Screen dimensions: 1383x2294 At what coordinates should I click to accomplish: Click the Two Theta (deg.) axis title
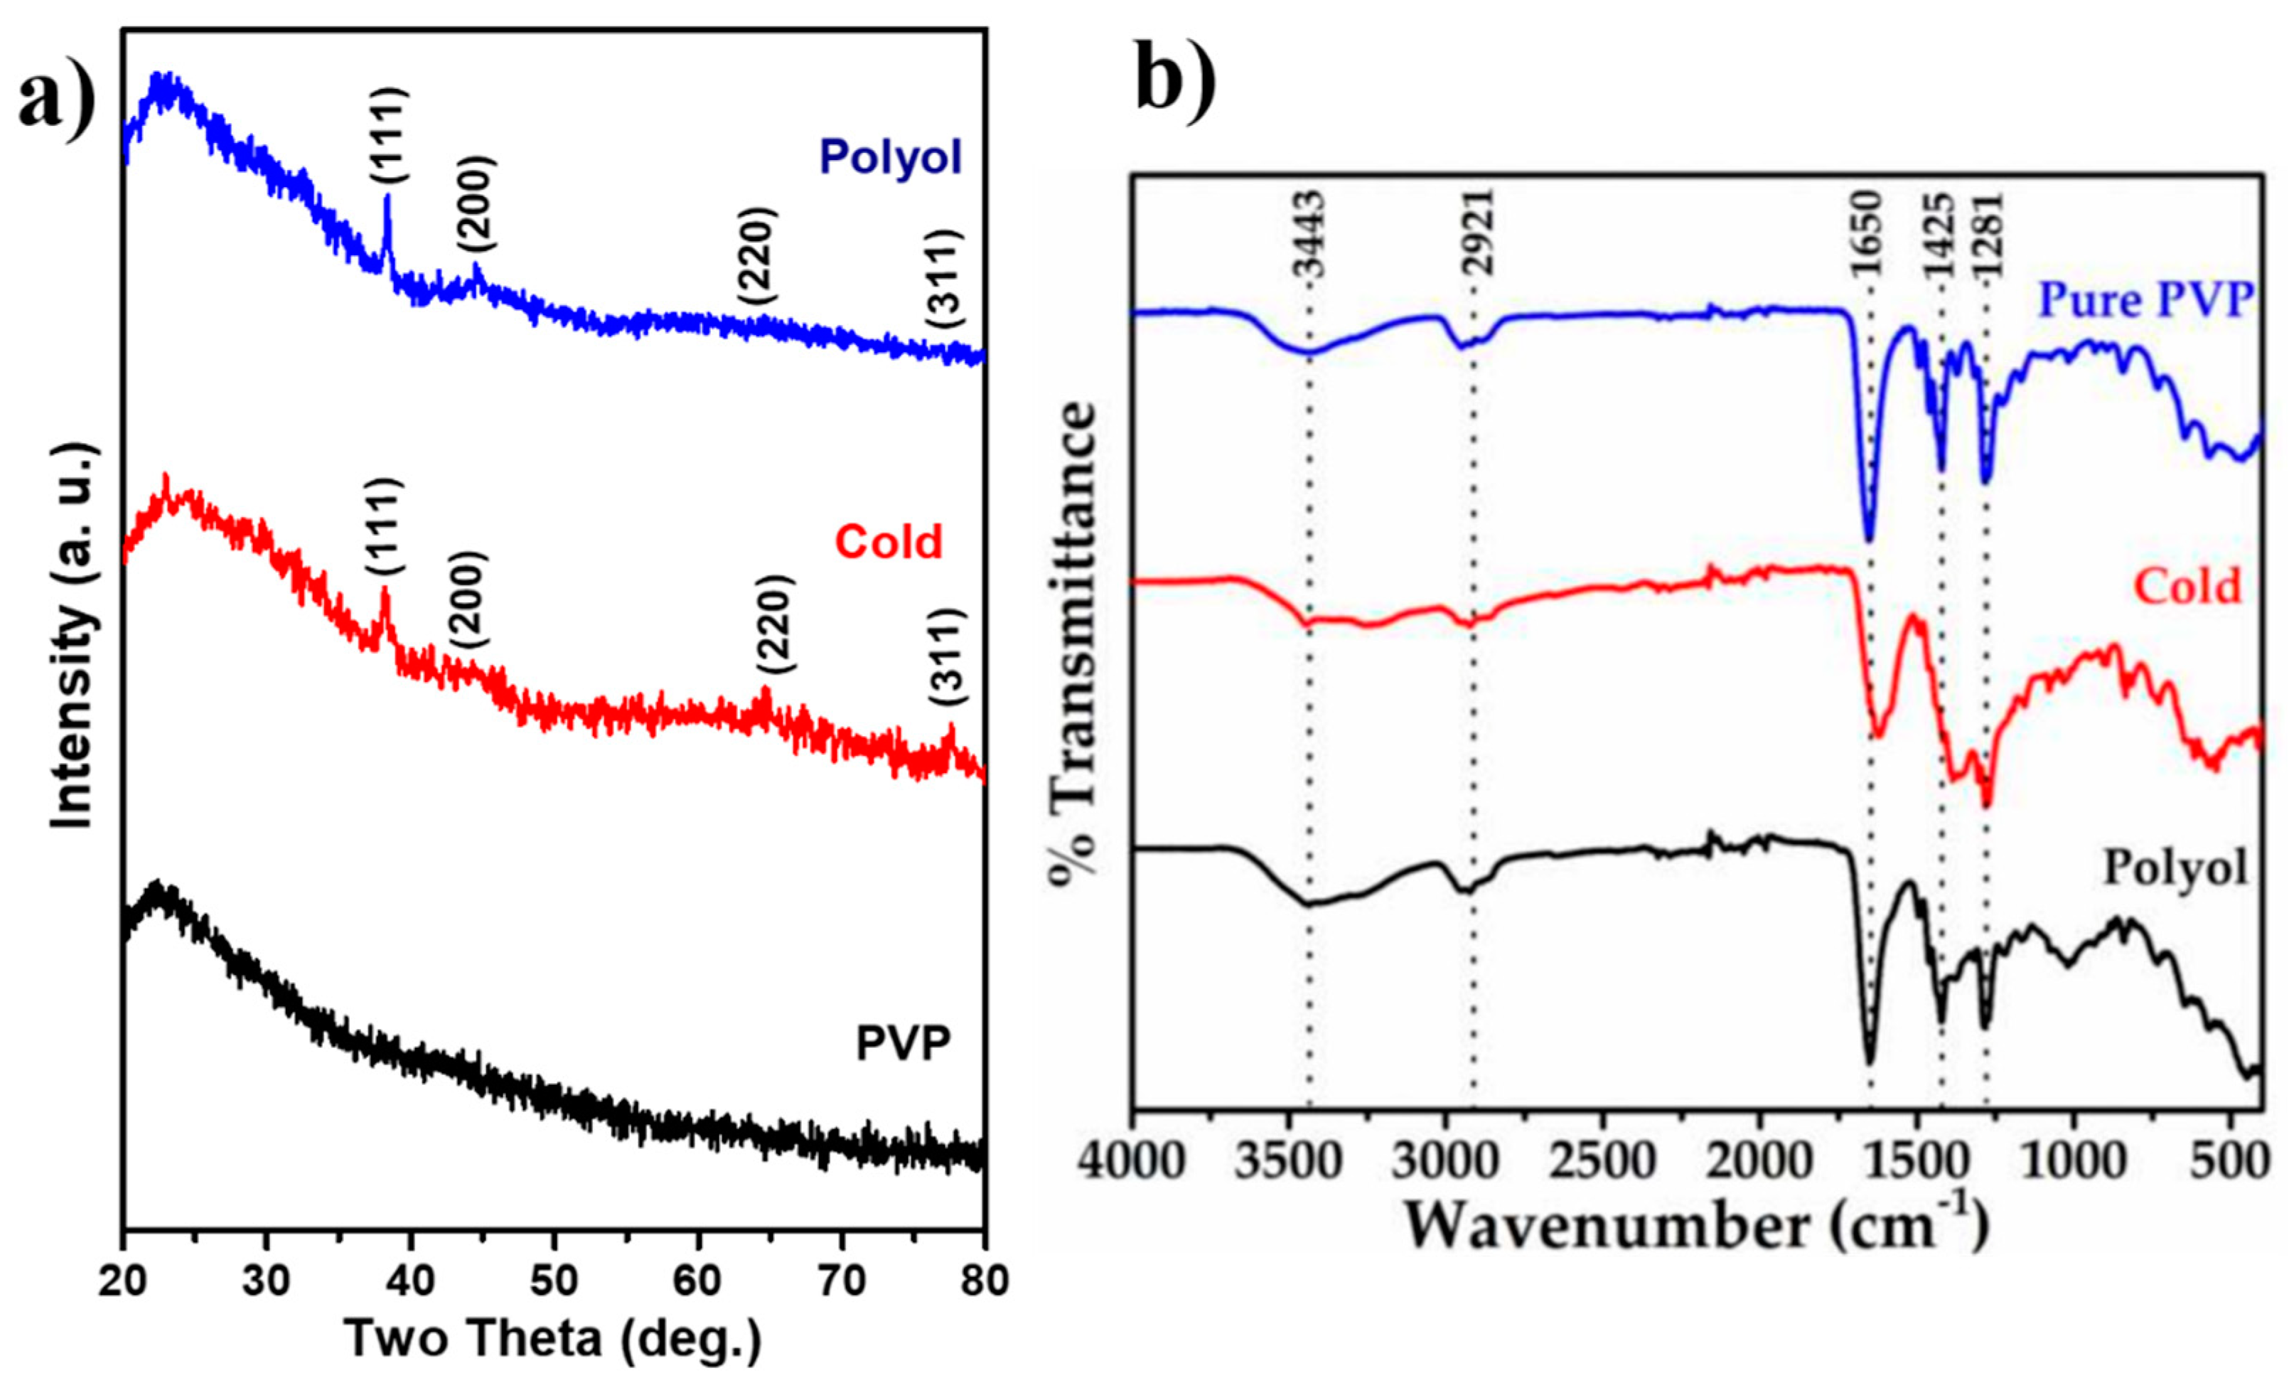coord(554,1339)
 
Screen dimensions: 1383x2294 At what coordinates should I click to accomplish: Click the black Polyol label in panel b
coord(2176,868)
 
